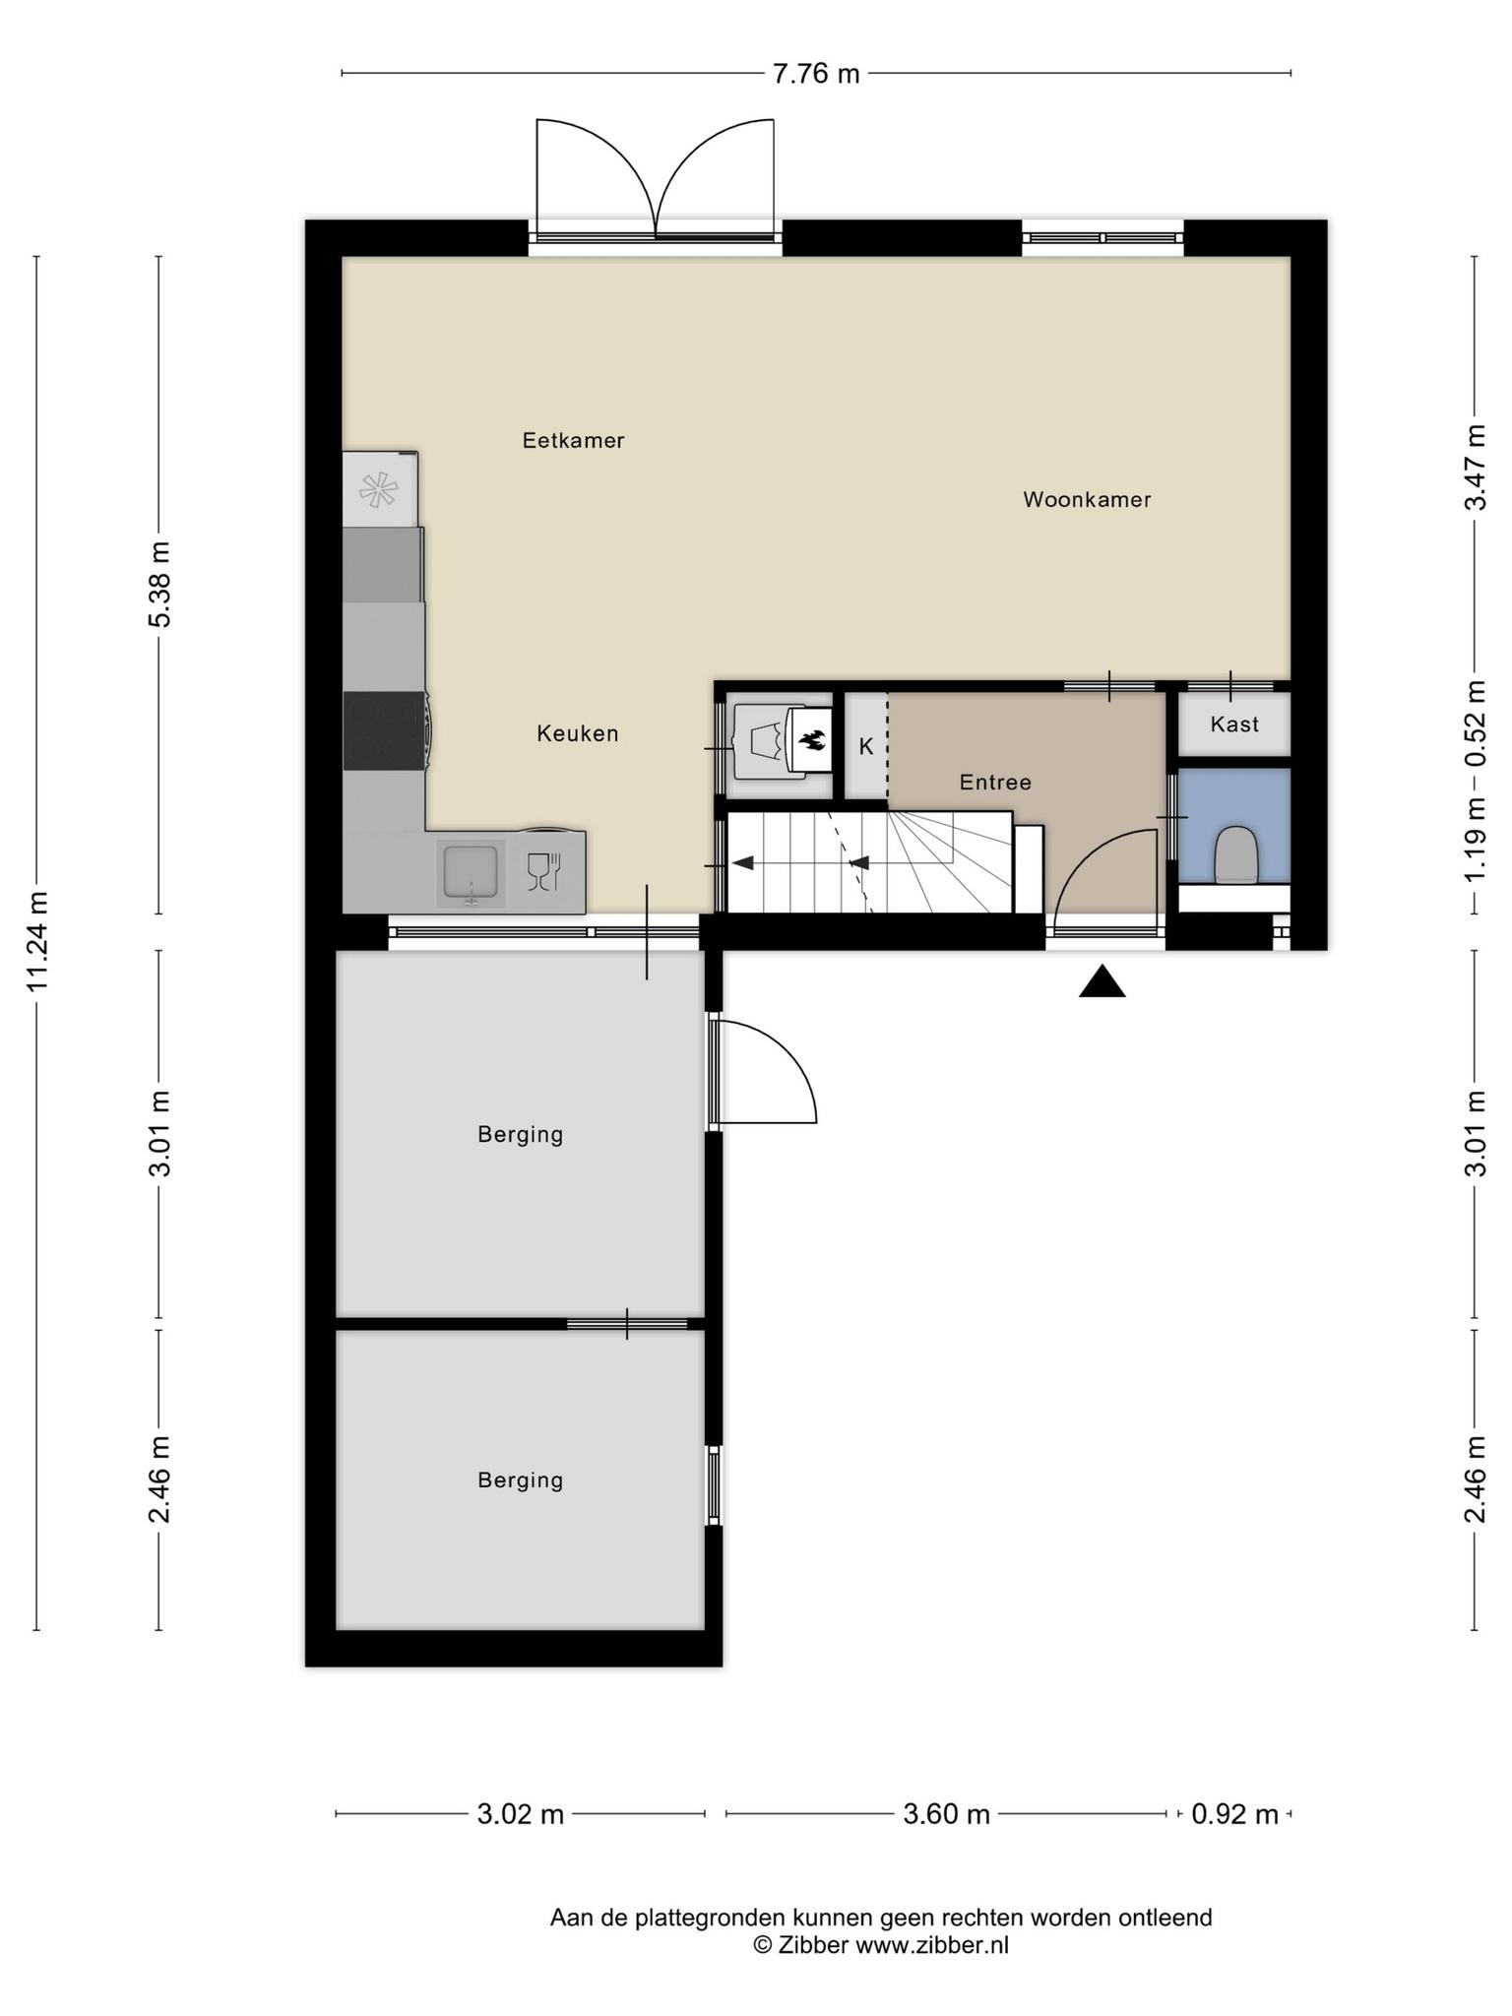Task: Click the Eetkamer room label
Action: pos(573,440)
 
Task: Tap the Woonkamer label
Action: pos(1087,499)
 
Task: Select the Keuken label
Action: pos(578,733)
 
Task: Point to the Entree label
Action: pos(995,783)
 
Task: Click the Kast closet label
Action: pos(1234,724)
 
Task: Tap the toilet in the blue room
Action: pos(1236,854)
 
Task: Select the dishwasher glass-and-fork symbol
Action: pos(543,871)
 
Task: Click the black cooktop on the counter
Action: pos(385,730)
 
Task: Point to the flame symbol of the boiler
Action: pos(811,740)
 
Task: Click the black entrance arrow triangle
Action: pos(1102,981)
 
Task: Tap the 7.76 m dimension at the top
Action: pos(816,74)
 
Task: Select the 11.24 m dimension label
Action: pos(37,942)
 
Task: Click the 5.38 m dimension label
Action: pos(159,585)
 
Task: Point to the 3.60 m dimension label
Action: pos(946,1813)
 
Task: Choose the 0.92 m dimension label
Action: pos(1234,1813)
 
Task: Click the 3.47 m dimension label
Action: pos(1475,467)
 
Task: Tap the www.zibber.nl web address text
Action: pos(932,1945)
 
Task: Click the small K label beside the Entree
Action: pos(866,747)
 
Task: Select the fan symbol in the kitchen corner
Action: pos(379,490)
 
